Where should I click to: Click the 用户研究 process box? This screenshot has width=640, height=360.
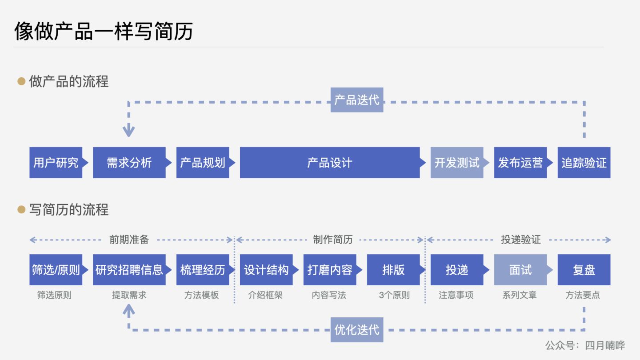(x=56, y=163)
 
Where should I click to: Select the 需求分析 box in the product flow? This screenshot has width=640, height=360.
(x=129, y=163)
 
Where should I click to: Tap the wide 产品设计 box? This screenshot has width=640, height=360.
(x=330, y=163)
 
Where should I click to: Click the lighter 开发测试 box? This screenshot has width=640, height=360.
(x=456, y=163)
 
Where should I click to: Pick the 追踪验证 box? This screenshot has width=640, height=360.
(x=584, y=163)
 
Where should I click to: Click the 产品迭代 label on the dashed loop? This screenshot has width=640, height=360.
(x=357, y=100)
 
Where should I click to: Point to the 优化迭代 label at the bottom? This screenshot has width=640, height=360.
(x=357, y=330)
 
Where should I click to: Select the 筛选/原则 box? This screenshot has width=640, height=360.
(x=56, y=270)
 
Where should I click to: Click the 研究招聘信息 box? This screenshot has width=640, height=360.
(x=129, y=270)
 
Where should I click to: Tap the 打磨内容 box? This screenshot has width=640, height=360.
(x=330, y=270)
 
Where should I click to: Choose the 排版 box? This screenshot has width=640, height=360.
(x=393, y=270)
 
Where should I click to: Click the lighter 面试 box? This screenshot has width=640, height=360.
(x=520, y=270)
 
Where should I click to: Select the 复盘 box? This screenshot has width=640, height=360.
(x=584, y=270)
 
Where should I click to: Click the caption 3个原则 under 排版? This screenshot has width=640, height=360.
(x=394, y=295)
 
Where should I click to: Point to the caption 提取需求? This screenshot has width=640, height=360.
(x=129, y=295)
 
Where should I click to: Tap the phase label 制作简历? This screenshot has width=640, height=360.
(x=332, y=240)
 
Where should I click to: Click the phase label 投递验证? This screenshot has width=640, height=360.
(x=521, y=240)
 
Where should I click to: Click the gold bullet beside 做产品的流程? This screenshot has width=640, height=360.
(x=21, y=81)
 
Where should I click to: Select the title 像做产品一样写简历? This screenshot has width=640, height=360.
(x=104, y=31)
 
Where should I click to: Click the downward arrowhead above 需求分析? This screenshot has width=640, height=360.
(x=128, y=131)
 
